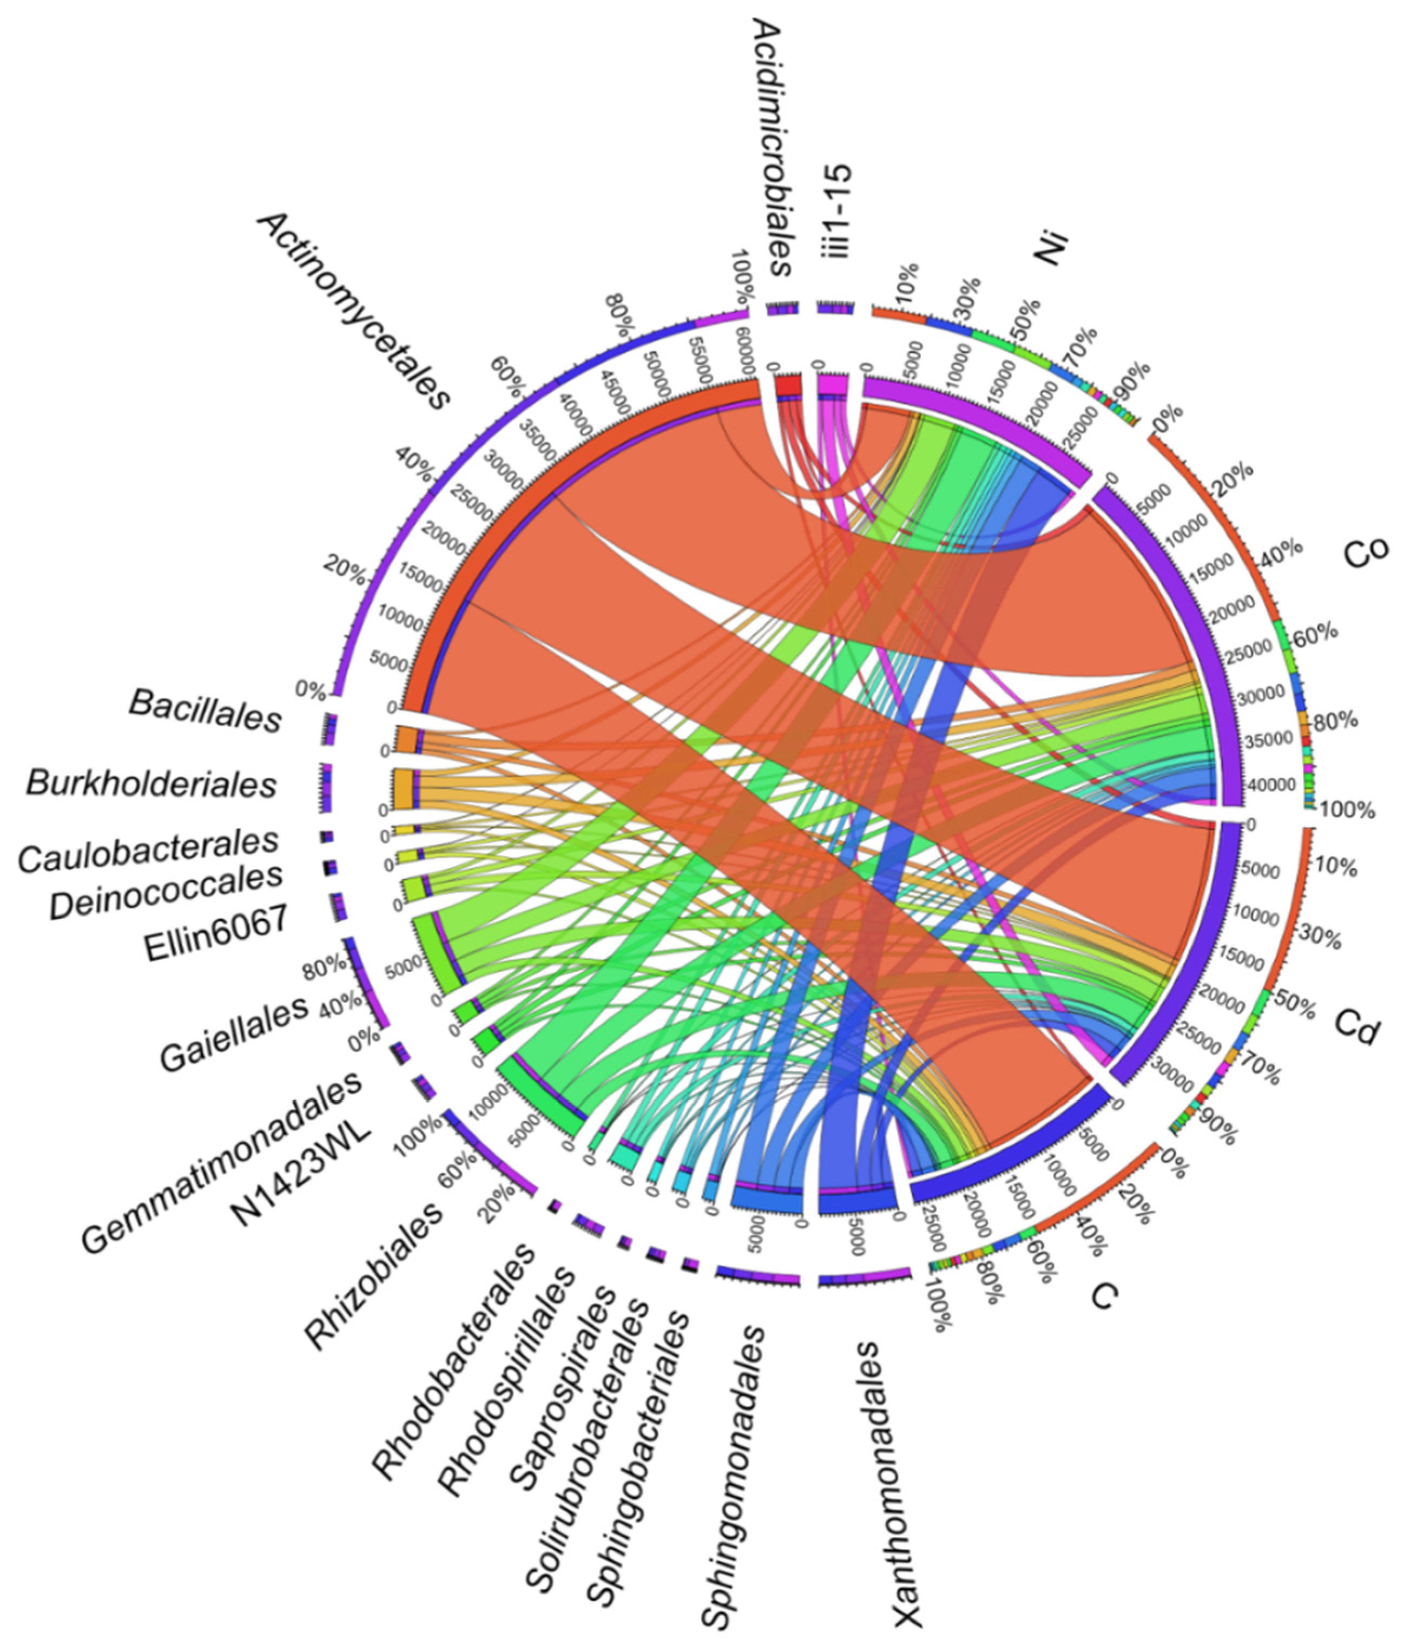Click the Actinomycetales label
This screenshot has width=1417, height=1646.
point(353,310)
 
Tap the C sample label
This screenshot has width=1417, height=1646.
point(1105,1296)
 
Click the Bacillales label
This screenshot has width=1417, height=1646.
point(206,711)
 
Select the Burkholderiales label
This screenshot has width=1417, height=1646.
point(151,784)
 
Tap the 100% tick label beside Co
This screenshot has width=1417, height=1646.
point(1346,811)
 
